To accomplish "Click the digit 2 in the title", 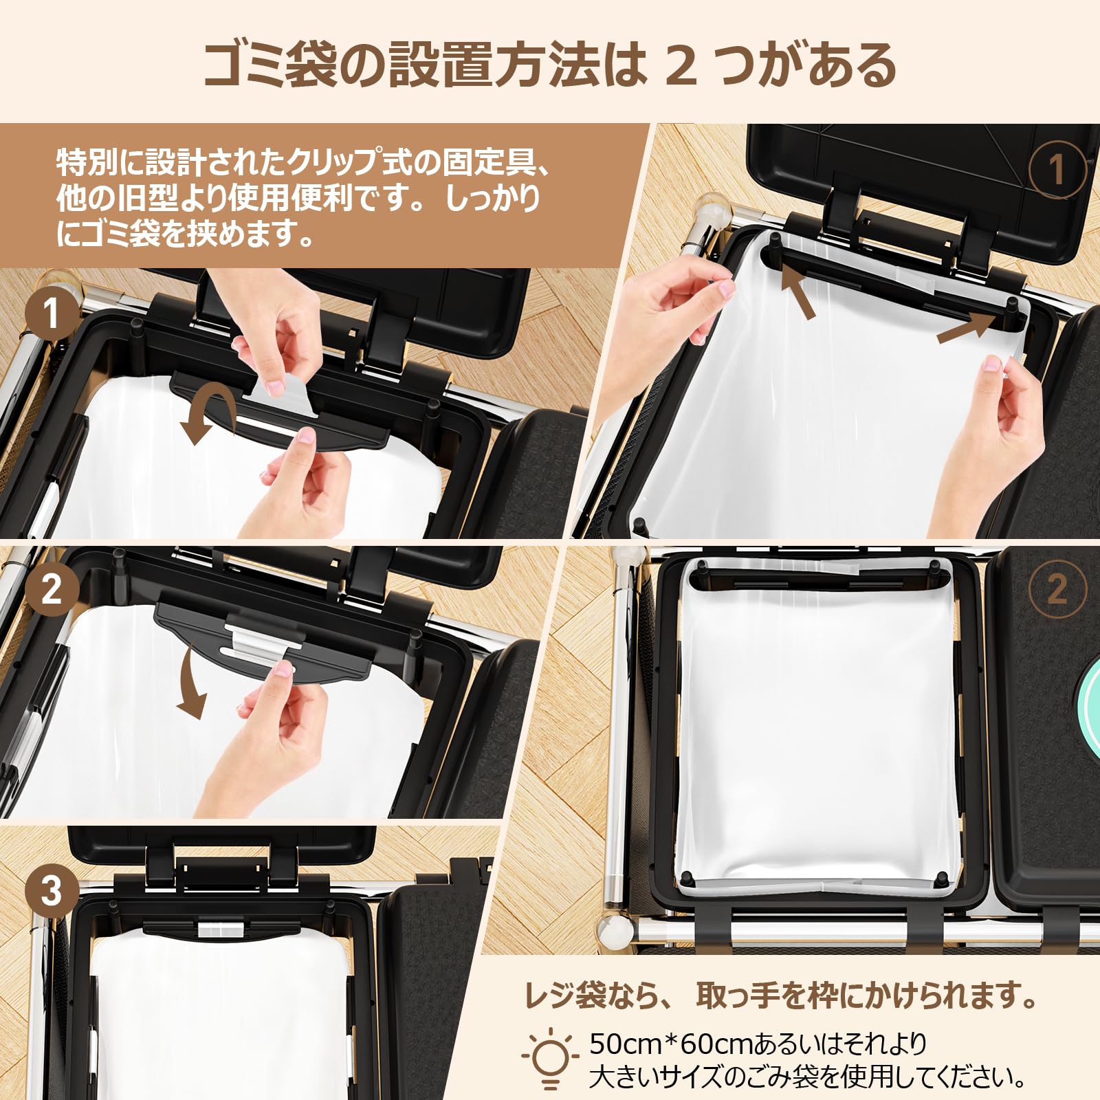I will pos(681,67).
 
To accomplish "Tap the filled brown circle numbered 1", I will pos(51,315).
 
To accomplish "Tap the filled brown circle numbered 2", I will pos(51,590).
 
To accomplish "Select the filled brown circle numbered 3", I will pos(51,891).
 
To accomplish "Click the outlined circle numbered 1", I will pos(1057,169).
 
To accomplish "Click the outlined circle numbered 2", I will pos(1057,590).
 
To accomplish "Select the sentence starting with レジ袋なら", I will pos(780,995).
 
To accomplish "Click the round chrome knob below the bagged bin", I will pos(614,933).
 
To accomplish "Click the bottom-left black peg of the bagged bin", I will pos(687,880).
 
